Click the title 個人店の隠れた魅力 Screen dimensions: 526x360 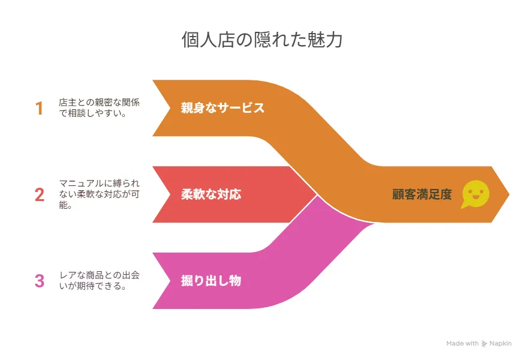coord(262,40)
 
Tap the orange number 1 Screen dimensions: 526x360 coord(39,109)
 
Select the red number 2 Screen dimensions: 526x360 coord(39,194)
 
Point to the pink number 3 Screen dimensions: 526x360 coord(39,281)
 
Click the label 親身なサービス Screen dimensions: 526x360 coord(223,108)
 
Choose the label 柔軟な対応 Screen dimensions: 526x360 coord(211,194)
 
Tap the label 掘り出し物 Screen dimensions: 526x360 coord(211,280)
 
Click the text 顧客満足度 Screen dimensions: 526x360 coord(422,194)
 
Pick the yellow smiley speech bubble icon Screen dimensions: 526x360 coord(475,194)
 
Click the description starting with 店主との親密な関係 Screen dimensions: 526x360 coord(100,107)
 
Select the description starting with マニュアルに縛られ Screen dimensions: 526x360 coord(100,194)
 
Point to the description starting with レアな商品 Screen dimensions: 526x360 coord(100,280)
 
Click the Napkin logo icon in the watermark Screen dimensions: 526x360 coord(484,344)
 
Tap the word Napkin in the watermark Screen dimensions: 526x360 coord(500,343)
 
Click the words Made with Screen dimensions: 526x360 coord(462,343)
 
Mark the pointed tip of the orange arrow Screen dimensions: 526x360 coord(509,194)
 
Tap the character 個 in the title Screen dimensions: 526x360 coord(191,40)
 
